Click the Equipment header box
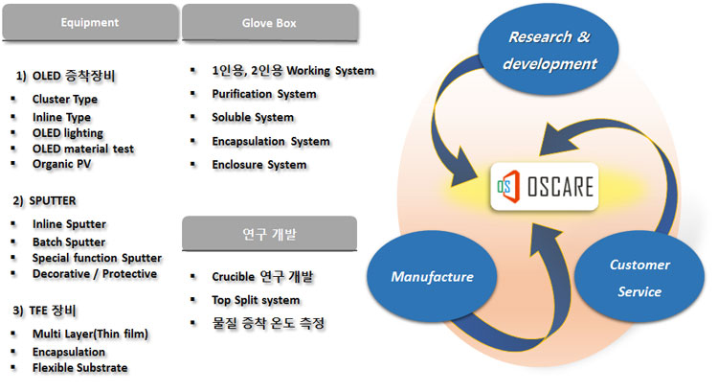[x=89, y=22]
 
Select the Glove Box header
[x=269, y=22]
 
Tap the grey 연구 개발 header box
[x=269, y=232]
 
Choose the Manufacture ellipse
[x=432, y=277]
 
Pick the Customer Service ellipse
[x=639, y=278]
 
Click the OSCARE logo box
[x=544, y=188]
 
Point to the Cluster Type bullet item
[x=64, y=99]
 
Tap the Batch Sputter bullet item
[x=68, y=242]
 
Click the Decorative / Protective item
[x=94, y=273]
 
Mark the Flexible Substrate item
[x=79, y=367]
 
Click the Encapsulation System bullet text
[x=271, y=141]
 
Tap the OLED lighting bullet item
[x=67, y=132]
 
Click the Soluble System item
[x=253, y=117]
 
